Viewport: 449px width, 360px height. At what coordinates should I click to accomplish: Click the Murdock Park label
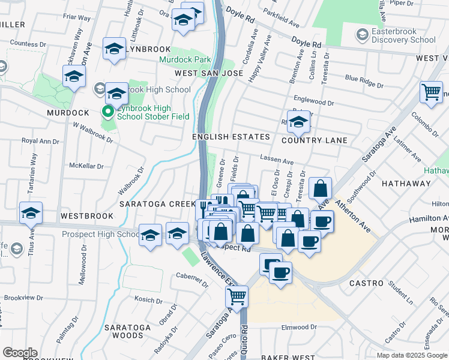pos(185,60)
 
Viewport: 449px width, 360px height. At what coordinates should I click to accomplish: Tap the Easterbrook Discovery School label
pos(403,35)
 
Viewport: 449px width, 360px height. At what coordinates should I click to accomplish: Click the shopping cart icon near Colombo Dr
pos(431,92)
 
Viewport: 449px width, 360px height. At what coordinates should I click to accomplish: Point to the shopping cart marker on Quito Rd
pos(237,296)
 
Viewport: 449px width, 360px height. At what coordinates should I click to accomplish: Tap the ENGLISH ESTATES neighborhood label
pos(231,137)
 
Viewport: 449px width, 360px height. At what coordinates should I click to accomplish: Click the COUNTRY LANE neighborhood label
pos(315,140)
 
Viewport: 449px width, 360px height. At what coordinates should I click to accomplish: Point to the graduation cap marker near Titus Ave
pos(31,213)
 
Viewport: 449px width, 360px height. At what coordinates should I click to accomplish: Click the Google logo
pos(20,353)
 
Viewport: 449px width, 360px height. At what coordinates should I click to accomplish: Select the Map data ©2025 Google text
pos(412,355)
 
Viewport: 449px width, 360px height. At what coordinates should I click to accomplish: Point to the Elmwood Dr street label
pos(299,327)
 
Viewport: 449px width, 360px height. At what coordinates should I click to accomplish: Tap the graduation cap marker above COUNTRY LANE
pos(298,122)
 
